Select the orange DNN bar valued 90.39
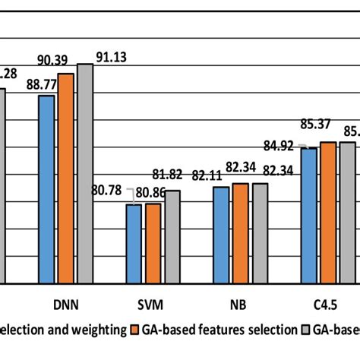[x=66, y=178]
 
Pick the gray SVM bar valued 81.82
[x=172, y=236]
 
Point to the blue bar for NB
[x=221, y=235]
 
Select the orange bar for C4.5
[x=328, y=213]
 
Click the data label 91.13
[x=111, y=57]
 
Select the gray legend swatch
[x=307, y=330]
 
